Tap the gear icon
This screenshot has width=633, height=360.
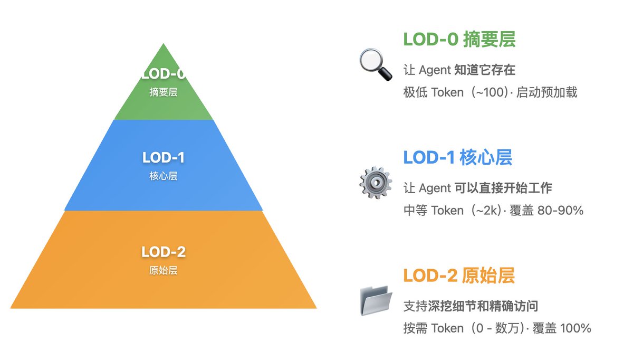(x=376, y=182)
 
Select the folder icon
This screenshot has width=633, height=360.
(x=376, y=300)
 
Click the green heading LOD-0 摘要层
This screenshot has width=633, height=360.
(x=459, y=40)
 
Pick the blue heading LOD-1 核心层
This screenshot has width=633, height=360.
(x=457, y=157)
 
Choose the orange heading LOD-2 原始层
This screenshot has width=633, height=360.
(x=458, y=275)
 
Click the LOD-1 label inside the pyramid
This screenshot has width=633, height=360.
(x=164, y=157)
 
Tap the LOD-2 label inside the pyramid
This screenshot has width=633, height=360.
(x=164, y=252)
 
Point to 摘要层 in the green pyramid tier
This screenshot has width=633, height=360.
(x=164, y=92)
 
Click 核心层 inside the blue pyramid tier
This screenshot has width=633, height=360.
(x=164, y=176)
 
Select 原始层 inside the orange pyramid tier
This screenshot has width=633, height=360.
(x=164, y=271)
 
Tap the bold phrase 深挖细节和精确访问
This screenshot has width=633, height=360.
(x=483, y=306)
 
